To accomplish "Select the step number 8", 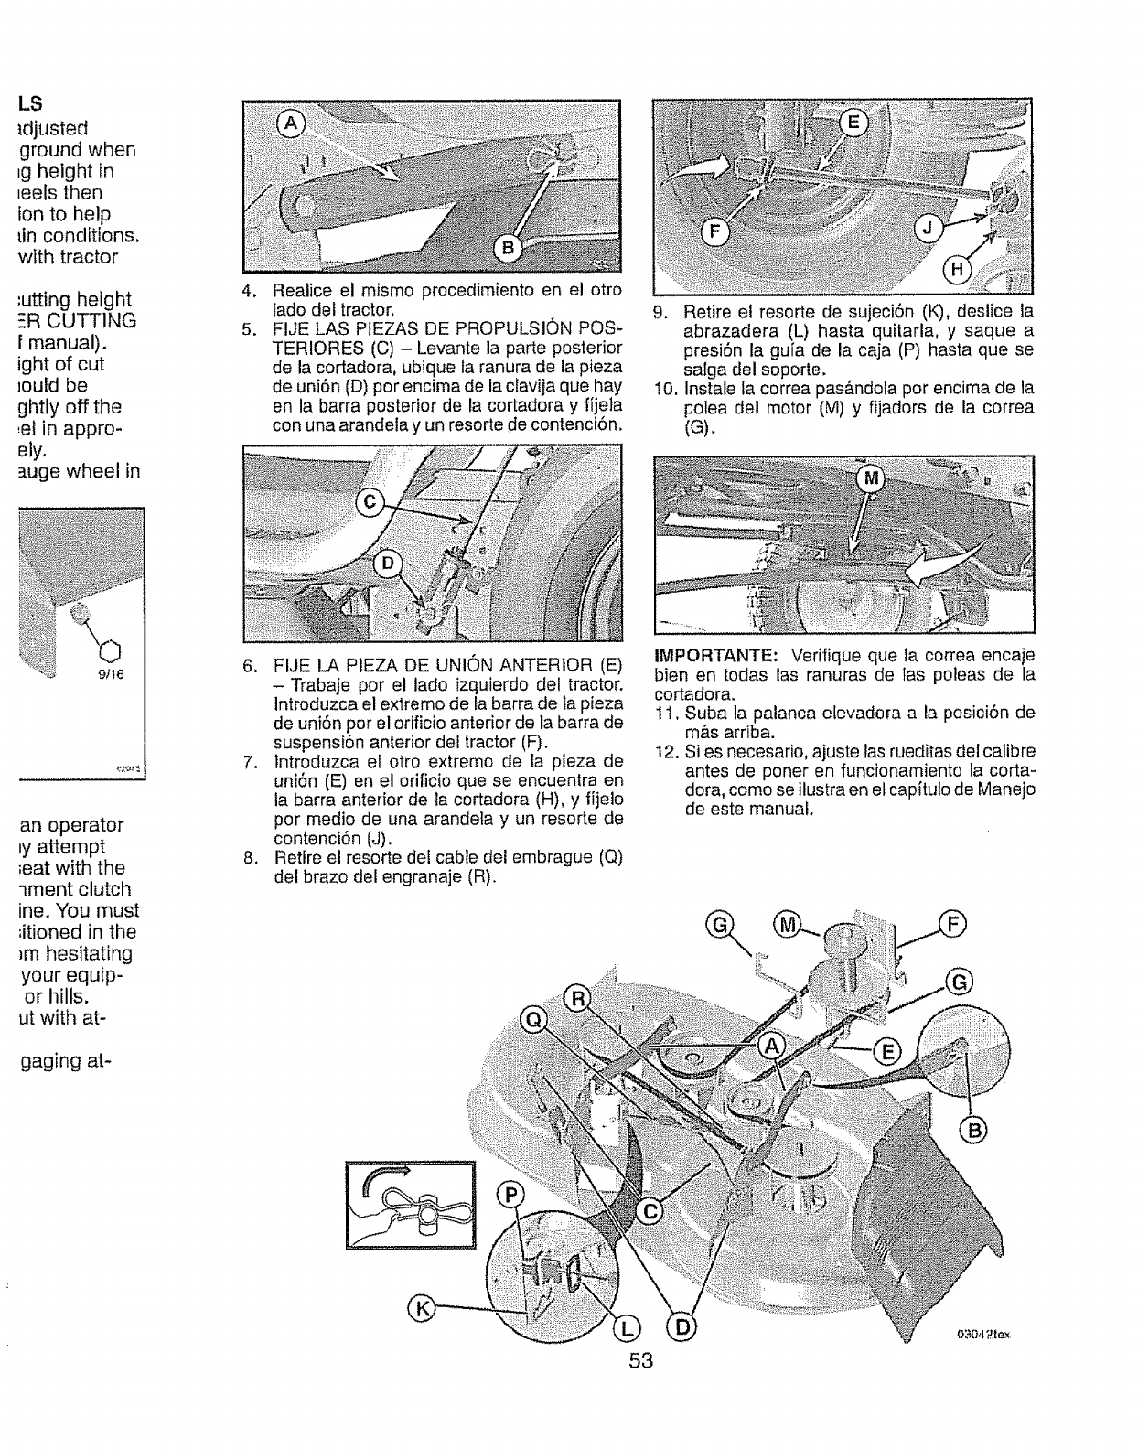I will [249, 857].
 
